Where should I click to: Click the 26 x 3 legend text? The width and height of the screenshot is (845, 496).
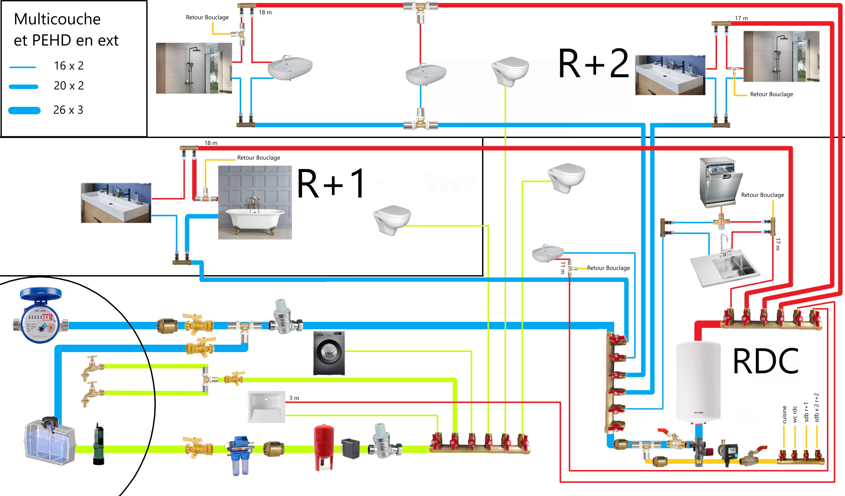68,110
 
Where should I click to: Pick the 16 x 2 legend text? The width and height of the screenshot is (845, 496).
69,66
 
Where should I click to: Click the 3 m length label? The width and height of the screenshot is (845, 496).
294,398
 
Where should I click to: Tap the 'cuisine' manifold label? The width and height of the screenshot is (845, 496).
784,415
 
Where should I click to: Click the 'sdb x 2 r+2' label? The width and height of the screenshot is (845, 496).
816,408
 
